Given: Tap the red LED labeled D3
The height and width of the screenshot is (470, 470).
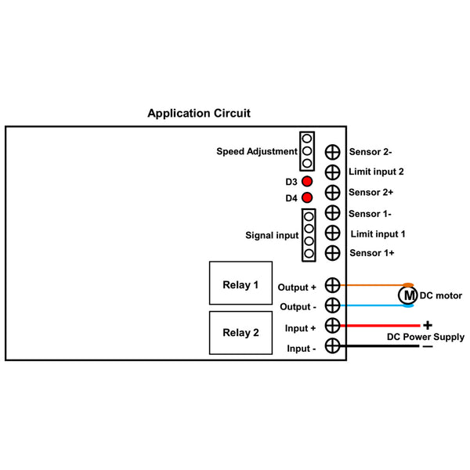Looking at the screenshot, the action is pos(307,181).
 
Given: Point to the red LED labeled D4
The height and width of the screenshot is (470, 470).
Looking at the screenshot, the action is pos(307,197).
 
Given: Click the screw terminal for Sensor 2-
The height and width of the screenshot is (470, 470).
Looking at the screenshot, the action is pos(333,152).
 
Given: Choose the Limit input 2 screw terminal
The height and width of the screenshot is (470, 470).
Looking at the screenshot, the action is pos(333,172).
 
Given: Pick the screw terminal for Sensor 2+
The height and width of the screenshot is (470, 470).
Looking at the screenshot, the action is pos(333,193).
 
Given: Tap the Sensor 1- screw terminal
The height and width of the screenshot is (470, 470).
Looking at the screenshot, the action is pos(333,213).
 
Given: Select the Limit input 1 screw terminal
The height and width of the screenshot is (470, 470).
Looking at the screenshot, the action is pos(333,233).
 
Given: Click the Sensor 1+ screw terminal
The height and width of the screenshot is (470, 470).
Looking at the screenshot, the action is pos(333,253).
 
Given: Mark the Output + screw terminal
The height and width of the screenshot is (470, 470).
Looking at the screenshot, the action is pos(333,285).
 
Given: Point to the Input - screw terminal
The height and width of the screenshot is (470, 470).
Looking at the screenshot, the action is pos(333,346).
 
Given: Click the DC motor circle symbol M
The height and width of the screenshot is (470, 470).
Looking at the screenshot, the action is pos(407,295).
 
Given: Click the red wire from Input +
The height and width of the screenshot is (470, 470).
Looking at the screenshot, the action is pos(380,326).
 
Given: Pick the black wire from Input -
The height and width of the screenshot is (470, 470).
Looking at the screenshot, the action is pos(379,346).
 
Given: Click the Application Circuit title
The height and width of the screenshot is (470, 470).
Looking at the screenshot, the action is pos(199,114).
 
